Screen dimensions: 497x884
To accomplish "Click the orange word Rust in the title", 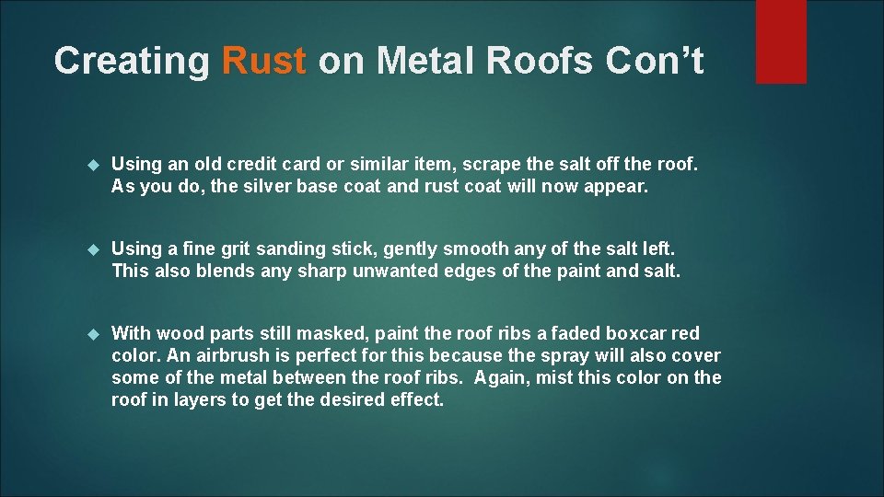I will [263, 61].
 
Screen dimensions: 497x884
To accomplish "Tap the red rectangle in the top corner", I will [781, 41].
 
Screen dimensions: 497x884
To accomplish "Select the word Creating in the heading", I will [132, 62].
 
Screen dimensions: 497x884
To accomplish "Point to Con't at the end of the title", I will [654, 61].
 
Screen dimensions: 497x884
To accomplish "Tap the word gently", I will [413, 249].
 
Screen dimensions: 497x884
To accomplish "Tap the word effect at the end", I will [416, 399].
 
